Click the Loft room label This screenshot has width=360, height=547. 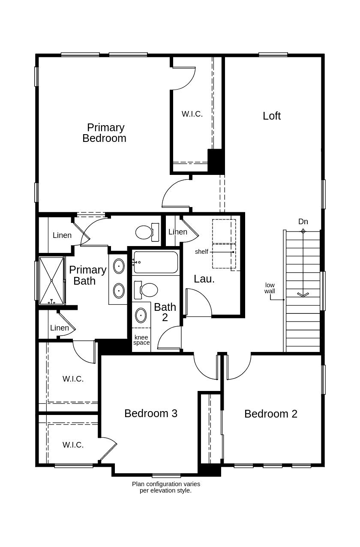271,116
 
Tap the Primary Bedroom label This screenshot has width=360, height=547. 105,133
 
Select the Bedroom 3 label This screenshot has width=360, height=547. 151,413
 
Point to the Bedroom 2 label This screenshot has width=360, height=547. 270,414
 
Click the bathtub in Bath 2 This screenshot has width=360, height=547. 156,262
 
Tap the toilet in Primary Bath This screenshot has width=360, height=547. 146,232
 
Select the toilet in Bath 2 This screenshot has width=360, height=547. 147,290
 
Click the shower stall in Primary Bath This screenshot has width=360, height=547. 51,280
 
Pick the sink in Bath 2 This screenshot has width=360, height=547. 141,315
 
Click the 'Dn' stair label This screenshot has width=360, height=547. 303,222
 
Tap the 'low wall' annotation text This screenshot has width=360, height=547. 270,288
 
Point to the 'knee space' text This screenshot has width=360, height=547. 141,340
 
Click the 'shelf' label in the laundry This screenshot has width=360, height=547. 201,252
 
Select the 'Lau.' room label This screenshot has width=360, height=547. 204,279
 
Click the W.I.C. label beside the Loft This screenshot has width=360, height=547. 192,114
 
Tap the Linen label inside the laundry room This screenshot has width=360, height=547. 177,232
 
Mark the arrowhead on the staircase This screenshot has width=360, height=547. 303,295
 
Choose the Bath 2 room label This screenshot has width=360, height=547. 165,312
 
